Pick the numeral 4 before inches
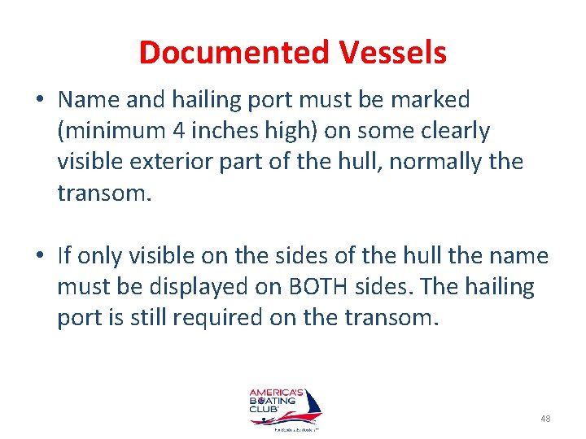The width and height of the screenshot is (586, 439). point(199,131)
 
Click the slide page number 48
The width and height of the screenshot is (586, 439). point(544,418)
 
